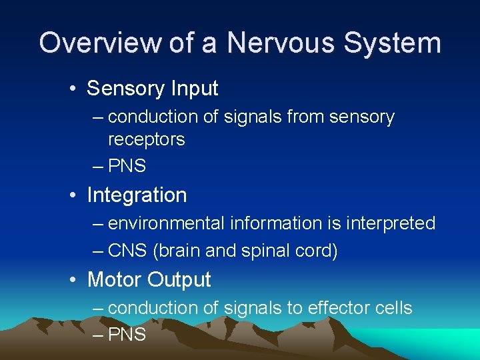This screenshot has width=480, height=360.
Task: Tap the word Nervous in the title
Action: coord(279,43)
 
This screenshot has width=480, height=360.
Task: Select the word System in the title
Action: coord(392,43)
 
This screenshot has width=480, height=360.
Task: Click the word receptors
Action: coord(146,140)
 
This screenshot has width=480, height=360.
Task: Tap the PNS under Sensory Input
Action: coord(127,166)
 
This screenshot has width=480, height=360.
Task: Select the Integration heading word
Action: coord(137,195)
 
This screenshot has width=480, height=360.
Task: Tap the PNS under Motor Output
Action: coord(127,334)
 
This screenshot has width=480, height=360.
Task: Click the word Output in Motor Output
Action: coord(180,280)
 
